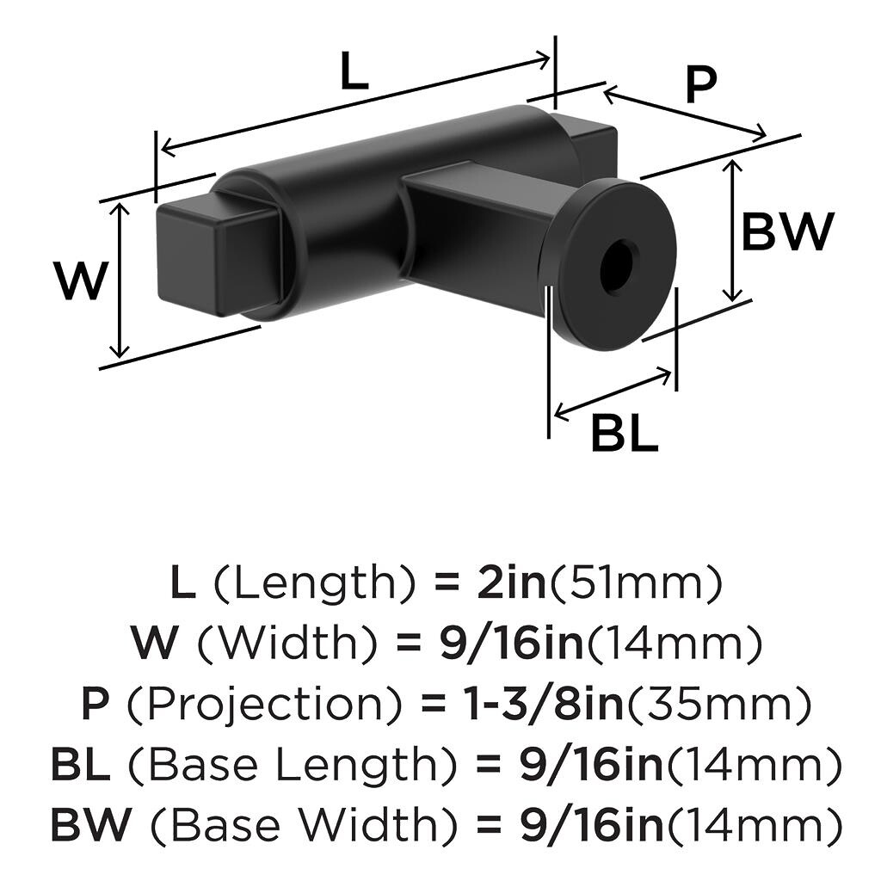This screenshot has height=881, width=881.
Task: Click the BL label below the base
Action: (624, 434)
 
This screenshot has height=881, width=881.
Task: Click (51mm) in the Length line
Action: (635, 584)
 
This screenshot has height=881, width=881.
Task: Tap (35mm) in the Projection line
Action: (718, 705)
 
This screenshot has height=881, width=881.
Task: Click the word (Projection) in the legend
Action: (267, 705)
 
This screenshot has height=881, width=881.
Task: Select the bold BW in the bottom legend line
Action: (90, 825)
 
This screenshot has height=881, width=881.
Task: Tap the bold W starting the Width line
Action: (154, 644)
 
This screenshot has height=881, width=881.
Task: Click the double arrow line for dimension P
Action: (684, 112)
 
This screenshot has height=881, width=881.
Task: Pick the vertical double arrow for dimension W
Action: (120, 280)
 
